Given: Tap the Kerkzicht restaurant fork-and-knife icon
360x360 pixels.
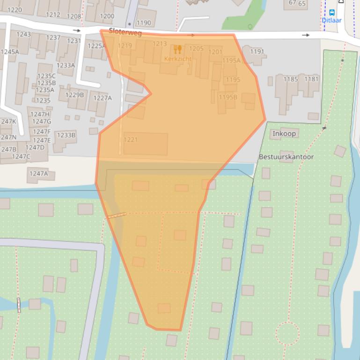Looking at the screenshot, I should [177, 50].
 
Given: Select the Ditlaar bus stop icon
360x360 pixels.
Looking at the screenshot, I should [332, 13].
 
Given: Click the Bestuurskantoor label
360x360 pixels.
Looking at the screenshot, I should [286, 157].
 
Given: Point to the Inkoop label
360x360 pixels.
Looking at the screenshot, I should [284, 134].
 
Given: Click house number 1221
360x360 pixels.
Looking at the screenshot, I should [131, 140].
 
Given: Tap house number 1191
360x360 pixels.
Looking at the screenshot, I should [257, 51].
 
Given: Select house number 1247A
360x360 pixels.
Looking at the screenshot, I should [38, 173].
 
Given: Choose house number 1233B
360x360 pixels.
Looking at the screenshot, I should [66, 135].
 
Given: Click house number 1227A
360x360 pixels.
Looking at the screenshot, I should [103, 98].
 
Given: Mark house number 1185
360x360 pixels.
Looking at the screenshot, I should [290, 79].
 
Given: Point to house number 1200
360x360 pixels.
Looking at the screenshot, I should [107, 16].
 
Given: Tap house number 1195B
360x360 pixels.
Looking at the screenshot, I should [228, 97].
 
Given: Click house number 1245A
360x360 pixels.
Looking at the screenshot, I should [10, 52].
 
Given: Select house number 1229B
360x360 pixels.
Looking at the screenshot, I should [74, 95].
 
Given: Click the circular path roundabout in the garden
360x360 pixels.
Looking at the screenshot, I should [287, 334].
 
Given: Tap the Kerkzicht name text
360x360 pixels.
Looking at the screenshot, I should [178, 59].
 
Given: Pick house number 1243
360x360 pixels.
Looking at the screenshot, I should [23, 34].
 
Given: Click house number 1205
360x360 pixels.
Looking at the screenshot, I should [196, 49].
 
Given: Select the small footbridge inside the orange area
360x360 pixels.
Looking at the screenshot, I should [117, 216].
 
